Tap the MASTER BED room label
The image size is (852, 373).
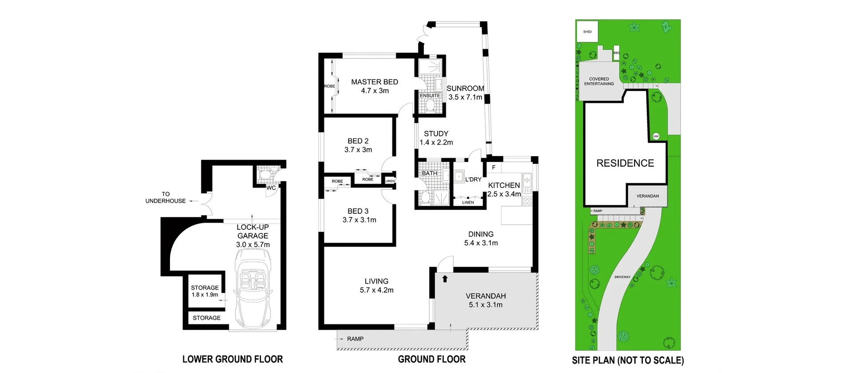(375, 82)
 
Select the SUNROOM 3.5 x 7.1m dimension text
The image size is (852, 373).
(465, 97)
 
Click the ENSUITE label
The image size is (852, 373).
(430, 95)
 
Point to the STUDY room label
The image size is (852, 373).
(436, 133)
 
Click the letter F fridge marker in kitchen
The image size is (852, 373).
(493, 168)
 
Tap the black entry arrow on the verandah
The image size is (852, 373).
(445, 279)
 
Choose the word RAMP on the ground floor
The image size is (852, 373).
(355, 339)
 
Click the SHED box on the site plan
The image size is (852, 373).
(587, 31)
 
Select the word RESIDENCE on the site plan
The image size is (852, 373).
(625, 163)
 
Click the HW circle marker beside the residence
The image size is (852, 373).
(656, 136)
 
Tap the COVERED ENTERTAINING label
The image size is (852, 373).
(599, 81)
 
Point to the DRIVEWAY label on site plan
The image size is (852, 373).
(622, 277)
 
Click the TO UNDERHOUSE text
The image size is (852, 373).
(166, 197)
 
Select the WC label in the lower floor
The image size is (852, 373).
(271, 188)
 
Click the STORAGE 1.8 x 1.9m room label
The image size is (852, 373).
(205, 291)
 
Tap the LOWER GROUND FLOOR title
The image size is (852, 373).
(233, 359)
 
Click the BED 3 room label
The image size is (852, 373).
(358, 211)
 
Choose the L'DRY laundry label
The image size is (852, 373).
(473, 180)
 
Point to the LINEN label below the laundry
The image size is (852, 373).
(468, 202)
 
